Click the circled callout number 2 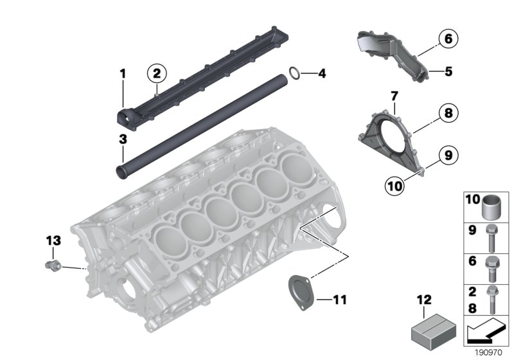[x=155, y=74]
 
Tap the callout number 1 [x=123, y=75]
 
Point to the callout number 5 [x=448, y=71]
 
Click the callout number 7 [x=394, y=96]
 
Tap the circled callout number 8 [x=448, y=114]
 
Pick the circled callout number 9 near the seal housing [x=448, y=154]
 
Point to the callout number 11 [x=339, y=299]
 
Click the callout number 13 [x=53, y=240]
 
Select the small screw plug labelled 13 [x=53, y=264]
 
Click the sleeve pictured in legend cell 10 [x=491, y=206]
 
